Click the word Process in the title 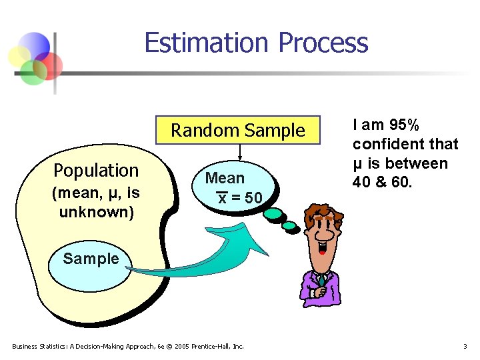point(323,43)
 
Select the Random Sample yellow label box point(237,131)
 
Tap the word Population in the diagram point(96,171)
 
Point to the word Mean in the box point(225,178)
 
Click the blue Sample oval point(91,259)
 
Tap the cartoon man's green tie point(321,281)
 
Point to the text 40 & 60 point(381,183)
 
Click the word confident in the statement point(384,144)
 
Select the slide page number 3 point(465,346)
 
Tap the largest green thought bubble point(274,215)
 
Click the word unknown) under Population point(96,213)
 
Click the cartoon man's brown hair point(323,212)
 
